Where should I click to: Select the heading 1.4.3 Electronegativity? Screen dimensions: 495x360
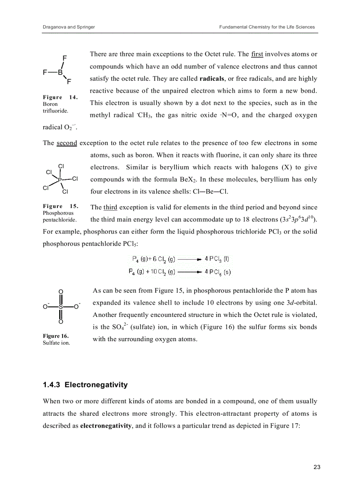pos(85,385)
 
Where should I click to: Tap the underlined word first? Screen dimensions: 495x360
pos(257,54)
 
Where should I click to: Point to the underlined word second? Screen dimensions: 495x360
pos(67,143)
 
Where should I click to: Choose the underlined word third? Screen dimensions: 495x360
pos(110,207)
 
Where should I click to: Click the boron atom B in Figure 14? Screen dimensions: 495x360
pos(60,72)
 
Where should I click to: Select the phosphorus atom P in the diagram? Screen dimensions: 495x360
pos(60,179)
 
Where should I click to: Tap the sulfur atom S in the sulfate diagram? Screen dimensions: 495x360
pos(61,306)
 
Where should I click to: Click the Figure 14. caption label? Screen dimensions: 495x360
pos(60,97)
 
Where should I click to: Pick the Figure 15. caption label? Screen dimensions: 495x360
pos(60,206)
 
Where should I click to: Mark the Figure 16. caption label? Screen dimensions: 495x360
pos(56,336)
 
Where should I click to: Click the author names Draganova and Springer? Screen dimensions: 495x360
pos(68,27)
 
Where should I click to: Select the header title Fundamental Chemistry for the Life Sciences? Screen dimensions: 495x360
pos(267,27)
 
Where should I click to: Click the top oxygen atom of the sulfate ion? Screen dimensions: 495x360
pos(61,291)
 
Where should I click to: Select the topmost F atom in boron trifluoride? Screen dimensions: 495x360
pos(65,58)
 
